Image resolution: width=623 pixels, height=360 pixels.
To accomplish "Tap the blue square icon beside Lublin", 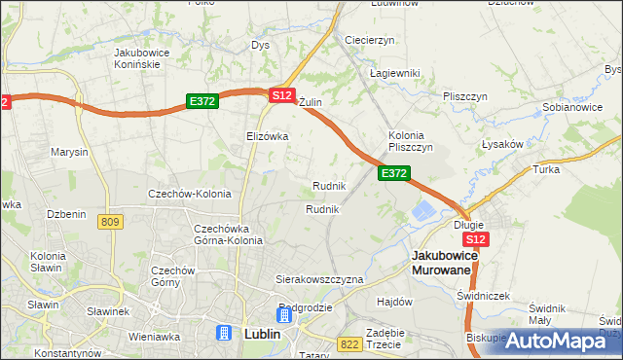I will pos(224,334).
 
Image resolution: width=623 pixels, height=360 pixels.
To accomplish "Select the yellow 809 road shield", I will pos(110,223).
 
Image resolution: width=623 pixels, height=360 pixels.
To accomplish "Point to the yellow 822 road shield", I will pos(350,344).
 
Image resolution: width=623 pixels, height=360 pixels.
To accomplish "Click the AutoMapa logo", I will pos(556,341).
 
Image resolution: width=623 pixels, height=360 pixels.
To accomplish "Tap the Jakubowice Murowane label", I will pos(455,262).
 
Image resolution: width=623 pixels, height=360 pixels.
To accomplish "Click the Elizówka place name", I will pos(268,136).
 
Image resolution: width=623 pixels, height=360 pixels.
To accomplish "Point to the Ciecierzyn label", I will pos(369,40).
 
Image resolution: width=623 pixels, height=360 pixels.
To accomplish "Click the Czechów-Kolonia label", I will pos(189,194).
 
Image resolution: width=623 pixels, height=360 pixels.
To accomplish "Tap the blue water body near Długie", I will pos(425,211).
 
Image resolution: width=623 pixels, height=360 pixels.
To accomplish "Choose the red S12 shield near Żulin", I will pos(281,95).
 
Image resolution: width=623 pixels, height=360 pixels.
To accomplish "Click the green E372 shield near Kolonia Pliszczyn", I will pos(393,172).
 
